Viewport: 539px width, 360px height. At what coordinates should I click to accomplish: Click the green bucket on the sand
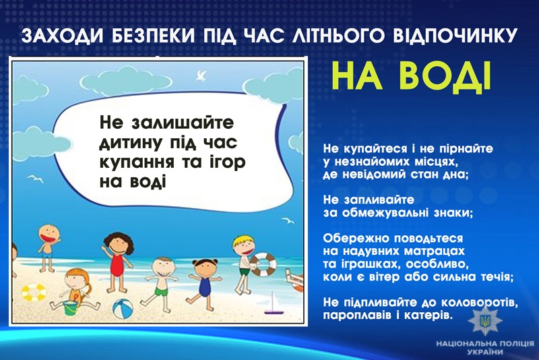[x=70, y=307]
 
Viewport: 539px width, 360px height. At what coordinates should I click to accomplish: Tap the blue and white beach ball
[x=123, y=308]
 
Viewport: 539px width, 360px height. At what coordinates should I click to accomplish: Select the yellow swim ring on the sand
[x=34, y=292]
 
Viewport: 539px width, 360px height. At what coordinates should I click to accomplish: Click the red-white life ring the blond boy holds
[x=263, y=264]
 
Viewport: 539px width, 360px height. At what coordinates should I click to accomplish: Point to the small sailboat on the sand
[x=274, y=303]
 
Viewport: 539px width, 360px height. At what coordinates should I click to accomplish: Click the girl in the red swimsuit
[x=117, y=262]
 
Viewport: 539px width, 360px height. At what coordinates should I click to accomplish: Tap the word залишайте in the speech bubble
[x=183, y=122]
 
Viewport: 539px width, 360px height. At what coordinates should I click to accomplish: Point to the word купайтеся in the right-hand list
[x=375, y=149]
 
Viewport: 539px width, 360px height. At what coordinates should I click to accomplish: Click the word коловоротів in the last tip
[x=478, y=302]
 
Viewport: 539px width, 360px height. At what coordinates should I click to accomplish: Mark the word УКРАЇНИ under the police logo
[x=485, y=352]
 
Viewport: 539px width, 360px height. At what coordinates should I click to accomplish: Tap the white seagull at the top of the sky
[x=201, y=76]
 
